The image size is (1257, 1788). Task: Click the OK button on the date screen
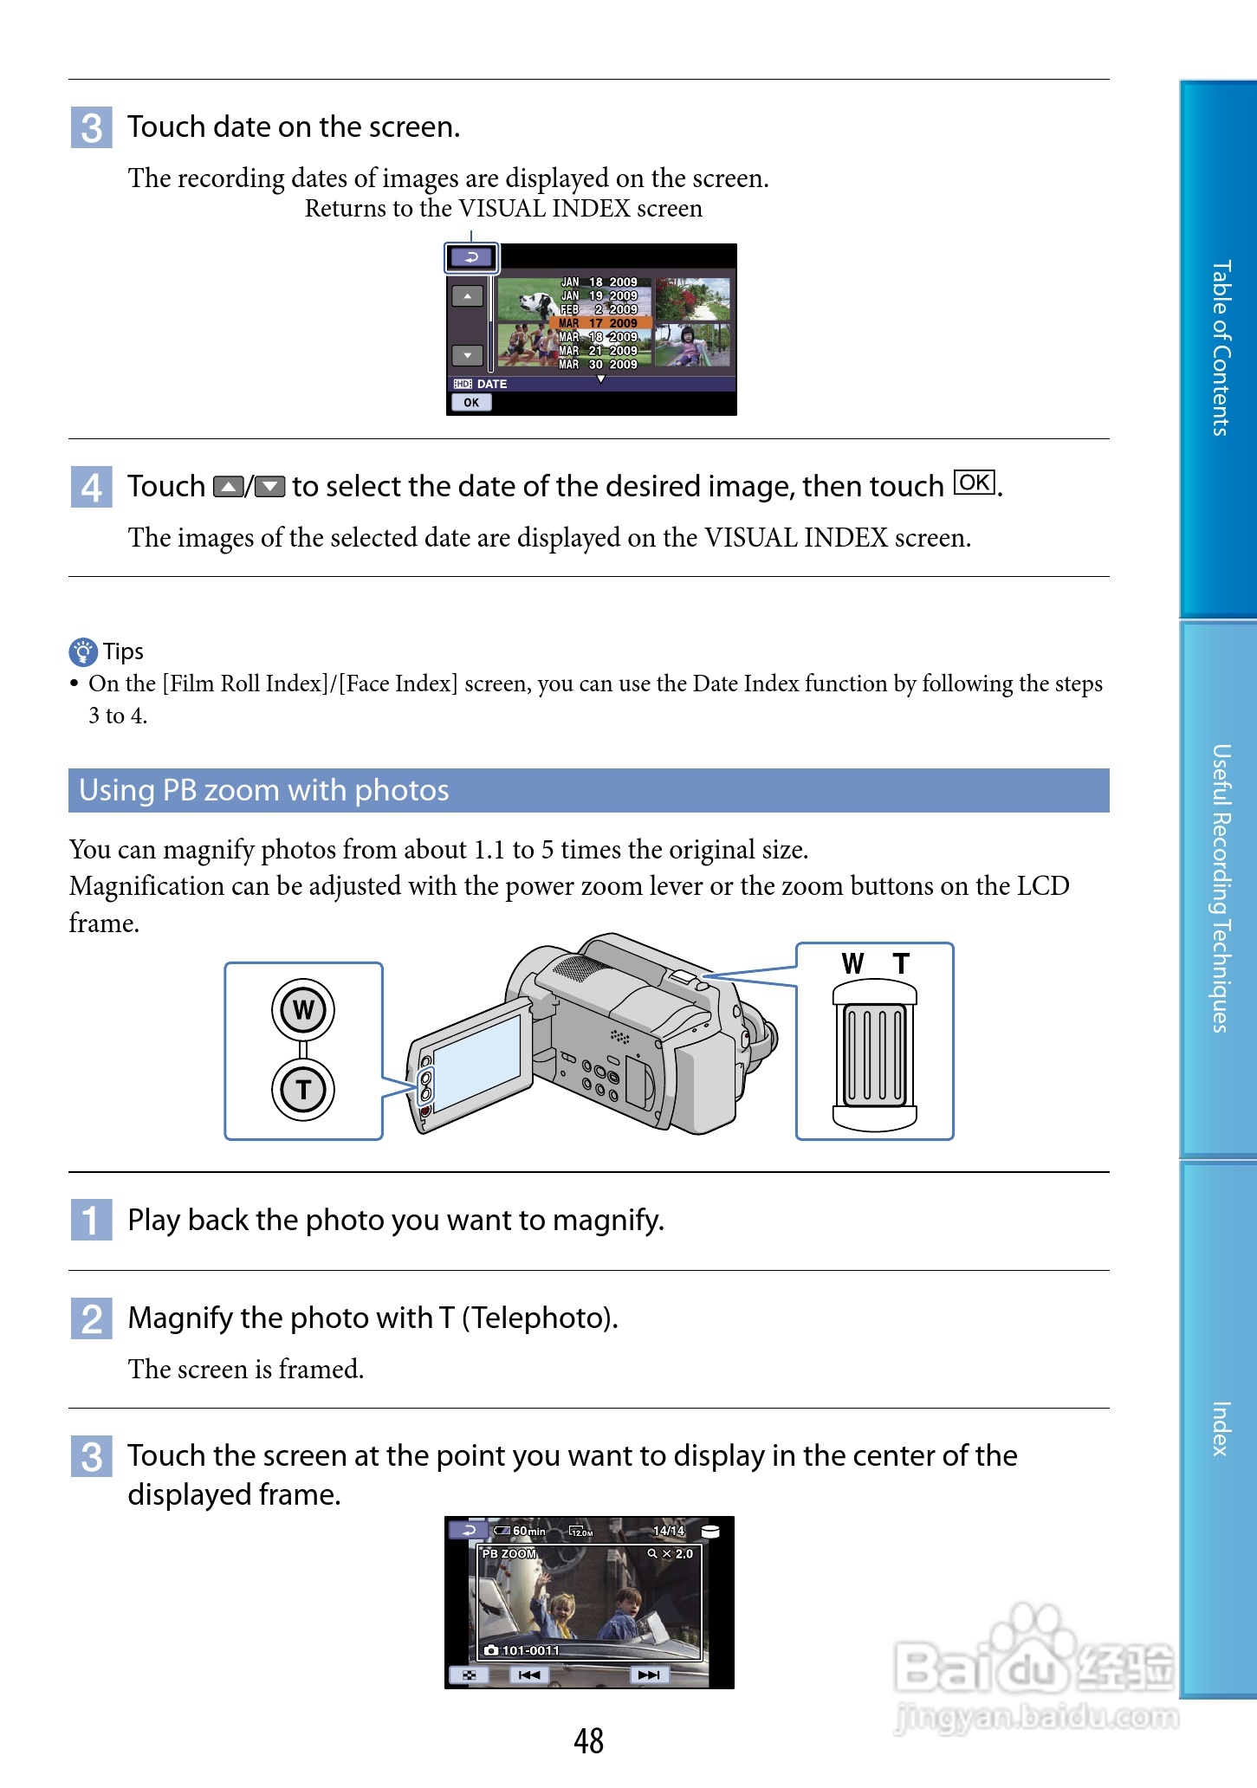tap(470, 402)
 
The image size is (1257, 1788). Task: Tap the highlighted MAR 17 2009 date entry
tap(599, 323)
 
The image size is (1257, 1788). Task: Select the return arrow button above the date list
tap(471, 257)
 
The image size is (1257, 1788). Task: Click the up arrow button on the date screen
tap(467, 296)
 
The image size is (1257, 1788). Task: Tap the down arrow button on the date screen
tap(467, 355)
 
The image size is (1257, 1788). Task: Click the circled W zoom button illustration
tap(303, 1010)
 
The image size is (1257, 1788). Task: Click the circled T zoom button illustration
tap(303, 1089)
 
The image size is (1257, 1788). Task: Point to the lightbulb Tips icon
tap(83, 651)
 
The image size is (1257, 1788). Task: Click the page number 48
tap(588, 1741)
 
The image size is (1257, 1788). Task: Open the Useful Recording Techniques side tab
tap(1219, 888)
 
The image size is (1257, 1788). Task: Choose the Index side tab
tap(1219, 1428)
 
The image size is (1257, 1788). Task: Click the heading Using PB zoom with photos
tap(264, 790)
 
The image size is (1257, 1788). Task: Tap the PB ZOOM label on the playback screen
tap(509, 1554)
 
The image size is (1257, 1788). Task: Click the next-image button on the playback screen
tap(648, 1675)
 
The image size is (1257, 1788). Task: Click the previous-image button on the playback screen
tap(528, 1675)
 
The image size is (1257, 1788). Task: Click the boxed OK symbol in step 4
tap(975, 483)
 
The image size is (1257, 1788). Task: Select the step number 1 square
tap(91, 1220)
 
